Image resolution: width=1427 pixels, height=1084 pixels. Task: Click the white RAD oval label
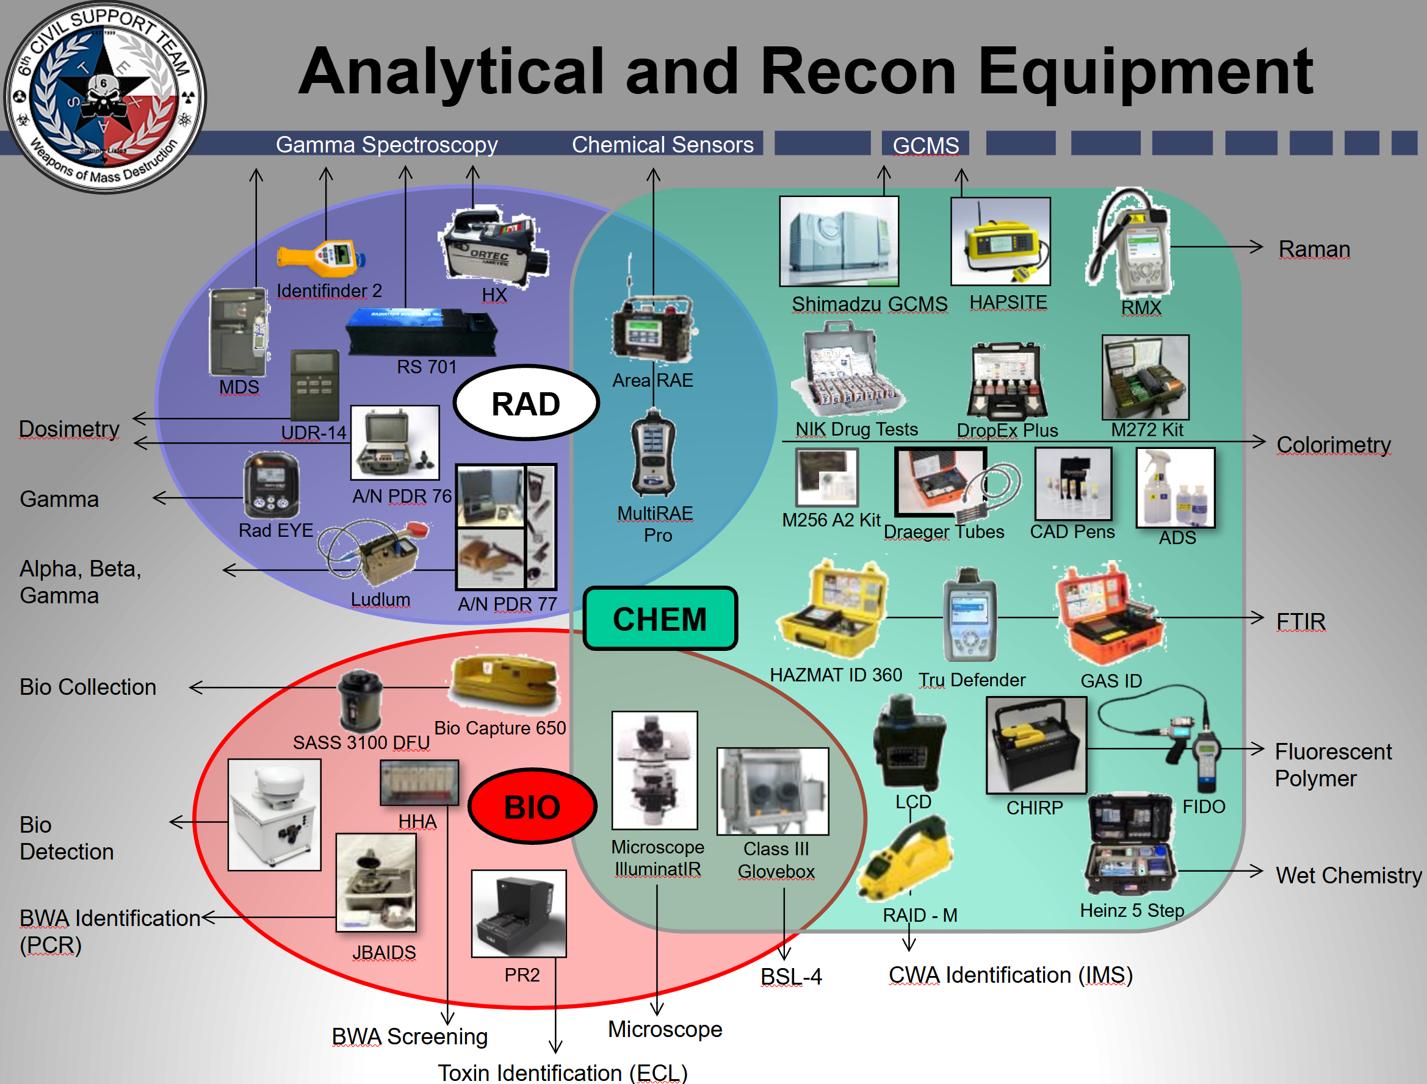[526, 404]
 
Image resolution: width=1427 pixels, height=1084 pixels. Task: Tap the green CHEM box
[660, 619]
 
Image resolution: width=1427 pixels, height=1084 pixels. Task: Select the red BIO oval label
[532, 806]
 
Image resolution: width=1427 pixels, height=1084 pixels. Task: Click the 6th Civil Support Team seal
[104, 97]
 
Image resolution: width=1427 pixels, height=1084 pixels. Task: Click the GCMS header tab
[925, 145]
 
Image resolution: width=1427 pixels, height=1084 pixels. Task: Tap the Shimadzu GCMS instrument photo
[839, 242]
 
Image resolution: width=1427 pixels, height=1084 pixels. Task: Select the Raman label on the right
[1314, 249]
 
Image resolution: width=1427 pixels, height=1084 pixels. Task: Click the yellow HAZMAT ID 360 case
[833, 610]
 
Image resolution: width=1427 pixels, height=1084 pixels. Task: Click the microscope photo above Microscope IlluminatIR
[654, 770]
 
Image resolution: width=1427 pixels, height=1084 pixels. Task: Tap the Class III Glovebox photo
[773, 791]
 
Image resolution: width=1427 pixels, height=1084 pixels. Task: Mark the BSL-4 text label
[790, 977]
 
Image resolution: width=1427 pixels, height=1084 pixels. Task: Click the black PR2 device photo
[519, 914]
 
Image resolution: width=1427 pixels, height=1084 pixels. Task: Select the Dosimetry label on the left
[69, 429]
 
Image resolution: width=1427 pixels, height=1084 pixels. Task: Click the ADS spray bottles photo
[1176, 488]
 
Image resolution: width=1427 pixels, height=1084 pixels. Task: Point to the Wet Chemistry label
[1348, 875]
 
